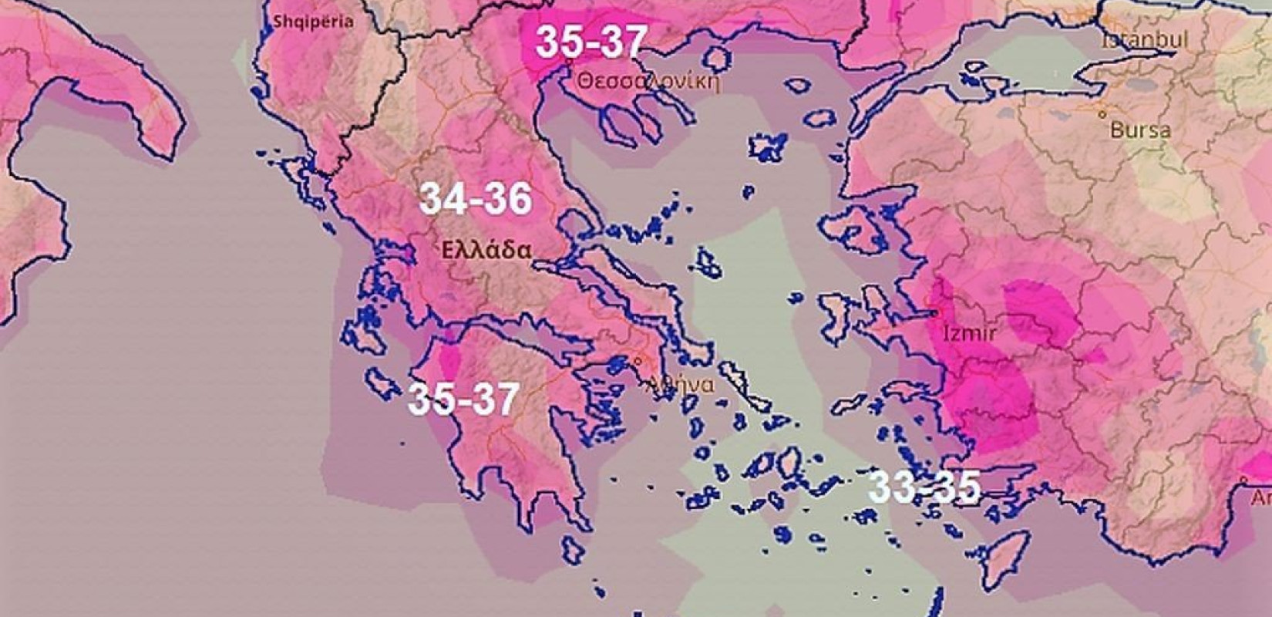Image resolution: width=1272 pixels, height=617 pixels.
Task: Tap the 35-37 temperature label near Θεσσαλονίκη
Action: point(591,41)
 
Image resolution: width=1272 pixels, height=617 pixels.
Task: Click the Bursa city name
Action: point(1140,130)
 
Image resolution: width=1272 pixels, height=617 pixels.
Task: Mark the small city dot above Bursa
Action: point(1102,114)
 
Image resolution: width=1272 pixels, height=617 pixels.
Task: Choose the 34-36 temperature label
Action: point(476,200)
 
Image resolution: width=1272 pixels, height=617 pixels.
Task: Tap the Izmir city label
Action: point(970,334)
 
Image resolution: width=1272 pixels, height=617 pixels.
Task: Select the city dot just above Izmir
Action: point(934,313)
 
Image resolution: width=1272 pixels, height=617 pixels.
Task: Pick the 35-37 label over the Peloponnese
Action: point(463,399)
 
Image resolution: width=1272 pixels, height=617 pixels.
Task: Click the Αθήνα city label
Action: point(681,383)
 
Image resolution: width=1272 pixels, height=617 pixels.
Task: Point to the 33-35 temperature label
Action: point(924,487)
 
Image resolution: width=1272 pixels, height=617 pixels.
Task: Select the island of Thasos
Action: point(717,56)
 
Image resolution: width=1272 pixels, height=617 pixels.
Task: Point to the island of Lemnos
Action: point(768,146)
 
